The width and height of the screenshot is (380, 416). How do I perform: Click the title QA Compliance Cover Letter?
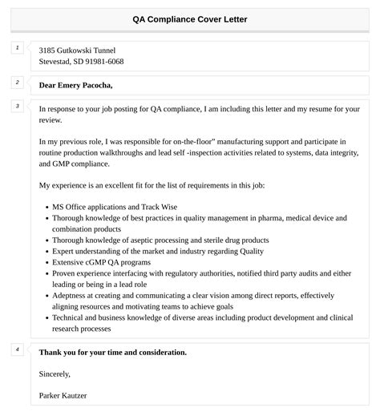pyautogui.click(x=190, y=18)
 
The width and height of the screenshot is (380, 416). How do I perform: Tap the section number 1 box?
pyautogui.click(x=17, y=47)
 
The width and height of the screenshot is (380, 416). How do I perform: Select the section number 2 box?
pyautogui.click(x=17, y=83)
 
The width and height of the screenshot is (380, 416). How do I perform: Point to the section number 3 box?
pyautogui.click(x=17, y=106)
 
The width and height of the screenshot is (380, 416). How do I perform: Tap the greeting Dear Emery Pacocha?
pyautogui.click(x=75, y=85)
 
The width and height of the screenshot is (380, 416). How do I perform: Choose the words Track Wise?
pyautogui.click(x=160, y=206)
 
